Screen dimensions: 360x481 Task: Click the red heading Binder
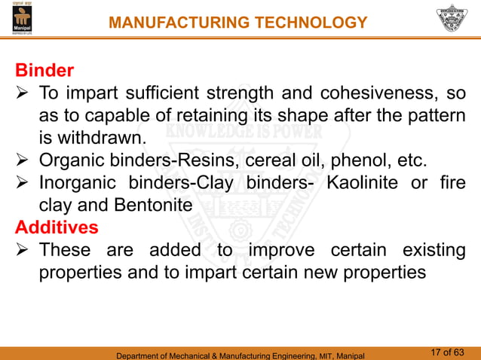click(x=44, y=72)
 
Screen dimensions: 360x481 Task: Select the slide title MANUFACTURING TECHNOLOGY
click(x=237, y=23)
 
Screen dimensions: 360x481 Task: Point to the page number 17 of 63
click(x=452, y=351)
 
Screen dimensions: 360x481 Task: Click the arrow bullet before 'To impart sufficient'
click(x=23, y=94)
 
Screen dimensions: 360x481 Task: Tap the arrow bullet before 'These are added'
click(x=23, y=250)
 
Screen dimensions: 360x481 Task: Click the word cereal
click(x=254, y=161)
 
